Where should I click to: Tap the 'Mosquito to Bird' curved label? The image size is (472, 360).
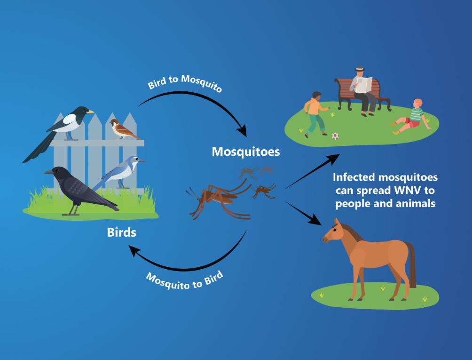[x=184, y=280]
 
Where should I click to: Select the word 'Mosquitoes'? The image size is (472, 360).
[x=245, y=152]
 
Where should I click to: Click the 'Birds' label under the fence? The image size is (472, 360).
[x=121, y=232]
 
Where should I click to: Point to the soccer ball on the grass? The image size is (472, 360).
[x=335, y=136]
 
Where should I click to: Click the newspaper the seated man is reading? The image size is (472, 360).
[x=364, y=85]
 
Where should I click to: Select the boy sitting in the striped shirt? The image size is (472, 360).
[x=411, y=117]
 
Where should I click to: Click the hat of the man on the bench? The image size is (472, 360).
[x=359, y=69]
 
